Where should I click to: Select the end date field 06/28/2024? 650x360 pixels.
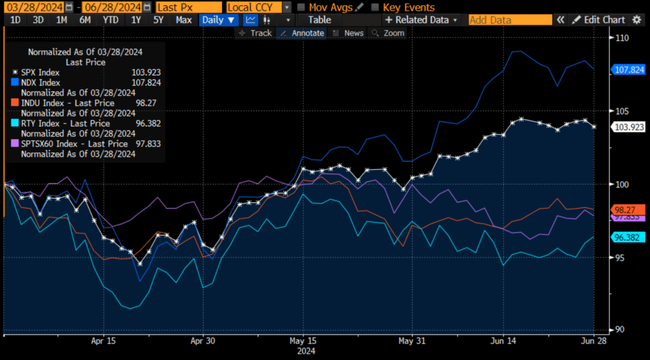pyautogui.click(x=110, y=7)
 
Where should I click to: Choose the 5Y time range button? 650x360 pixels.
pyautogui.click(x=158, y=20)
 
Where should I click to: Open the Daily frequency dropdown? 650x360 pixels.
pyautogui.click(x=218, y=20)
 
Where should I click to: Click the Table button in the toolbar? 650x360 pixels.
pyautogui.click(x=320, y=20)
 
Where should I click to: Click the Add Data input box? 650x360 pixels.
pyautogui.click(x=509, y=20)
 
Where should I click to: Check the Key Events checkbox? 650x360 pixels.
pyautogui.click(x=375, y=8)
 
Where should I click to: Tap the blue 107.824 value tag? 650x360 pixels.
pyautogui.click(x=629, y=70)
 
